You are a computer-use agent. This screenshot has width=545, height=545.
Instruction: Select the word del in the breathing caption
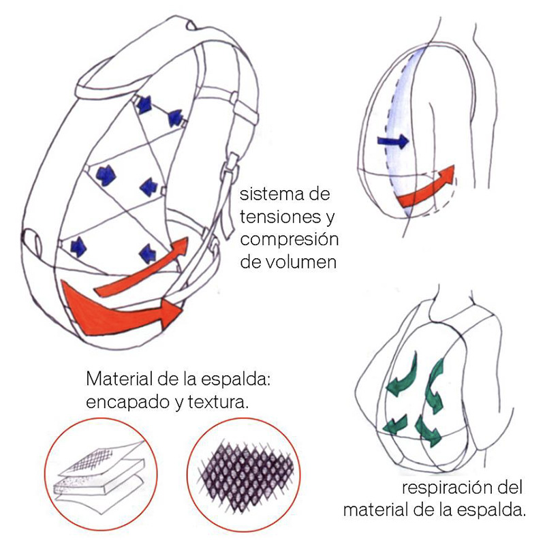coord(509,488)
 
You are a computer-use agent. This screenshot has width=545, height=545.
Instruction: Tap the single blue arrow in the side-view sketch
coord(392,142)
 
